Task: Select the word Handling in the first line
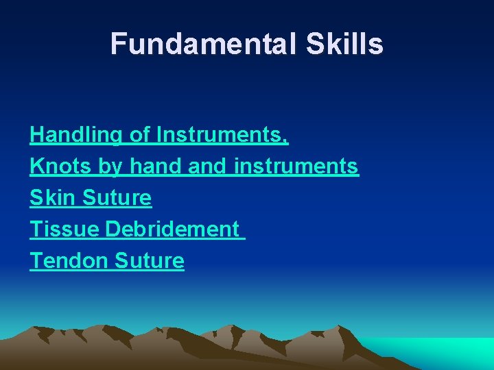[77, 136]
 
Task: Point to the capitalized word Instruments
[219, 136]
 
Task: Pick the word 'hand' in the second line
[148, 166]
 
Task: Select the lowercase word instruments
[296, 166]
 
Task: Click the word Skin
[53, 198]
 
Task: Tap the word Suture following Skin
[117, 198]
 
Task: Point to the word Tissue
[64, 230]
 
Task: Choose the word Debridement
[172, 230]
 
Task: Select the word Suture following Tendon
[150, 261]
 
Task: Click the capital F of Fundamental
[119, 45]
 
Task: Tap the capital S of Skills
[309, 45]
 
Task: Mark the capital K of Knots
[36, 166]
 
